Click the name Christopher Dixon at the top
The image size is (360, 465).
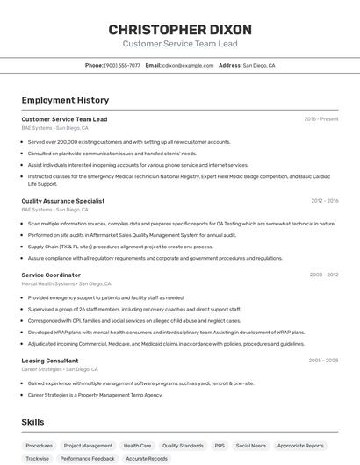[x=180, y=29]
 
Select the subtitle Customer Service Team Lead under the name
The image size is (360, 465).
[x=180, y=44]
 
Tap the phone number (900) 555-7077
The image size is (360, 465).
[x=122, y=65]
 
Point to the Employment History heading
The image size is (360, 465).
[x=65, y=100]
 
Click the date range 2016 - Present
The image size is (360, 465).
[x=321, y=118]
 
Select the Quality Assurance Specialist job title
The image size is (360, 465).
[x=62, y=201]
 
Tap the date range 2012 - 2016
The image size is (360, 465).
[x=324, y=201]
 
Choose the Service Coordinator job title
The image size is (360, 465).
[x=51, y=275]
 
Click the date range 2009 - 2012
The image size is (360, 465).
[x=324, y=275]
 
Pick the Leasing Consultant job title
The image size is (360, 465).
[x=50, y=360]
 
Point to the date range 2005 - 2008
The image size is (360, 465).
[x=323, y=360]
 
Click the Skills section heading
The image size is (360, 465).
[x=33, y=422]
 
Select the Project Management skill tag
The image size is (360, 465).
[x=88, y=446]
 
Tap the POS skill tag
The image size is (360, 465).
[x=220, y=446]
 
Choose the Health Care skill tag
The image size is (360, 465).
[x=137, y=446]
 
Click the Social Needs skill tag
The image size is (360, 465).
[x=251, y=446]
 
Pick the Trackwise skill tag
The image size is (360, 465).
[x=38, y=458]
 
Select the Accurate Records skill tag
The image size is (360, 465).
[x=147, y=458]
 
